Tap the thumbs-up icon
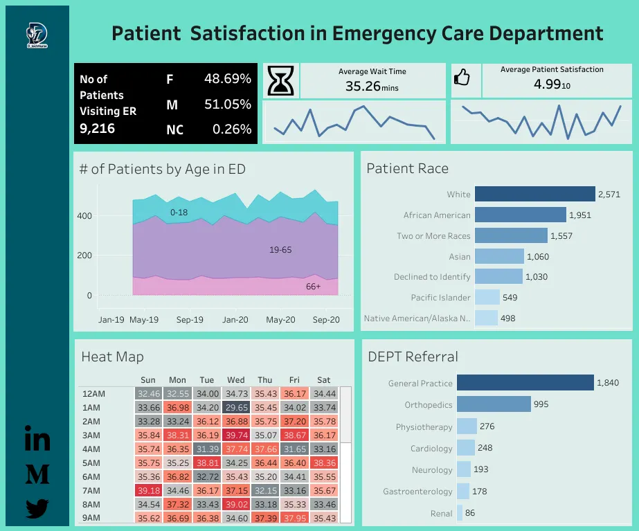pyautogui.click(x=462, y=78)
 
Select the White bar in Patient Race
pyautogui.click(x=535, y=195)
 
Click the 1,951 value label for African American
pyautogui.click(x=580, y=215)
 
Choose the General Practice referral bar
pyautogui.click(x=525, y=383)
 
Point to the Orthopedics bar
pyautogui.click(x=494, y=404)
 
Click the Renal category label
pyautogui.click(x=441, y=513)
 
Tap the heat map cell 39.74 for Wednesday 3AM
pyautogui.click(x=236, y=435)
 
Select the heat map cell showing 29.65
pyautogui.click(x=236, y=408)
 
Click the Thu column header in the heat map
pyautogui.click(x=265, y=379)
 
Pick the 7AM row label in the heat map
pyautogui.click(x=91, y=490)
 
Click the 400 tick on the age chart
pyautogui.click(x=84, y=216)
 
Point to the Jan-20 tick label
pyautogui.click(x=235, y=320)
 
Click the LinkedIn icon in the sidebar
pyautogui.click(x=37, y=440)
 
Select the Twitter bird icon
pyautogui.click(x=37, y=509)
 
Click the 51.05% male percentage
pyautogui.click(x=227, y=105)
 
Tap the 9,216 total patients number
pyautogui.click(x=98, y=128)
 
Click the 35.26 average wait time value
pyautogui.click(x=361, y=87)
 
